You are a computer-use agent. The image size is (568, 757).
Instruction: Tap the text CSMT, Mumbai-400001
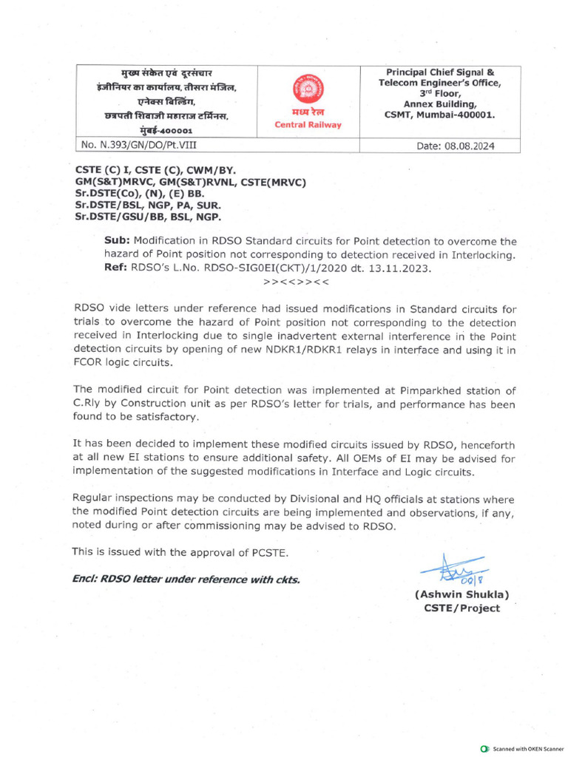click(439, 115)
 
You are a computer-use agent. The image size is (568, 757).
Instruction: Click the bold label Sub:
click(117, 241)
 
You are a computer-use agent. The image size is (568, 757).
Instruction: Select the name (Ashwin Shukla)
click(461, 594)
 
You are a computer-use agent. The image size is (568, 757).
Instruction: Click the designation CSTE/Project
click(461, 608)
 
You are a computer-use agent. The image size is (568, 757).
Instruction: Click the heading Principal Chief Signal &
click(440, 72)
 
